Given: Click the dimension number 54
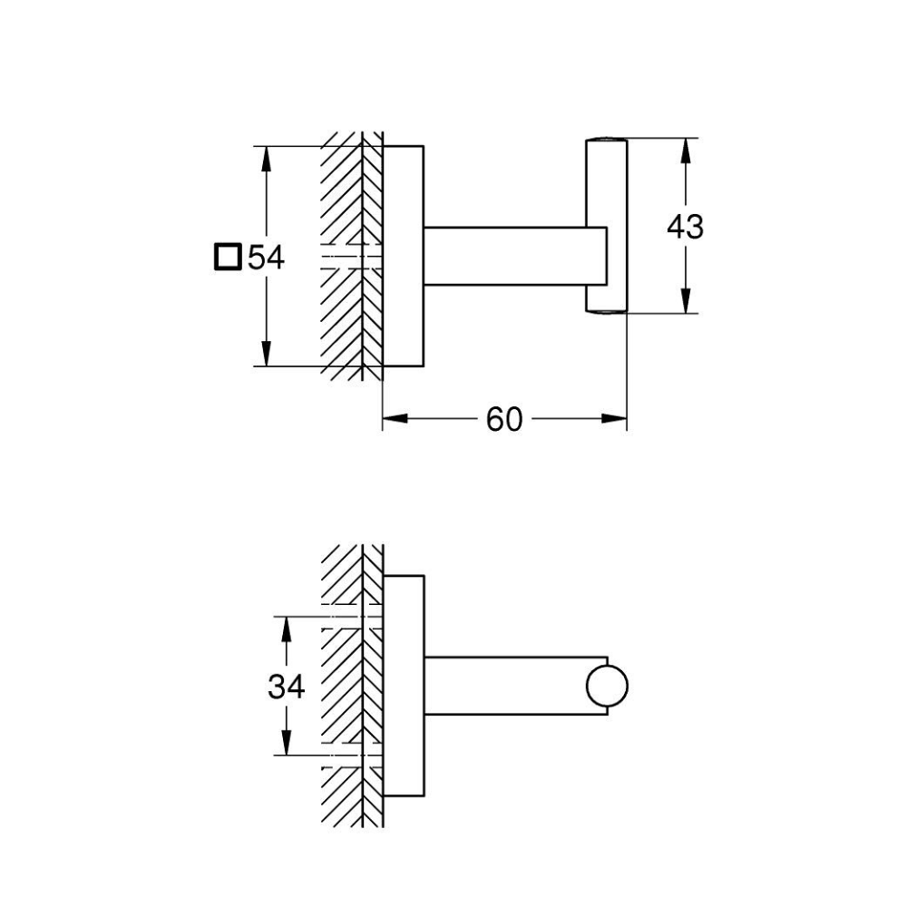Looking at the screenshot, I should [x=267, y=258].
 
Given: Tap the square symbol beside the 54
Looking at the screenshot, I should [x=227, y=258].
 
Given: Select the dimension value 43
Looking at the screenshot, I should [x=685, y=227].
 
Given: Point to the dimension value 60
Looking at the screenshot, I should [x=504, y=419].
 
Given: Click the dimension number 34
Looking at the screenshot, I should [x=286, y=688].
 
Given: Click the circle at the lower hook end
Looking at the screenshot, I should [x=607, y=687].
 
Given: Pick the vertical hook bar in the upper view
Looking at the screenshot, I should [x=605, y=225].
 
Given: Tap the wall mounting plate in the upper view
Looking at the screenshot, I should [x=404, y=255].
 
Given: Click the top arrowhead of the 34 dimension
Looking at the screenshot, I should [x=287, y=629].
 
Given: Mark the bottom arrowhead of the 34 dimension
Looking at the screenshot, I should [x=287, y=745].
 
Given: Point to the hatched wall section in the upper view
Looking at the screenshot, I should [x=349, y=200].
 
